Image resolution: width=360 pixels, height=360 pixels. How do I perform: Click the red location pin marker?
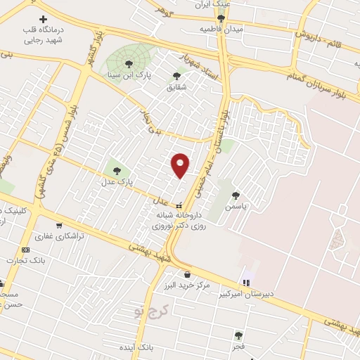coord(181,165)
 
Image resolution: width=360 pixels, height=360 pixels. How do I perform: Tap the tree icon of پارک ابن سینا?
coord(127,63)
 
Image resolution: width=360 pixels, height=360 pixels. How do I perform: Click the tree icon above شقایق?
coord(176,76)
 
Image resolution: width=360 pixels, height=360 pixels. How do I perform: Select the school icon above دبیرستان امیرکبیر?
coord(245,282)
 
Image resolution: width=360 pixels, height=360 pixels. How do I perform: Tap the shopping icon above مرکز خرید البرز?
coord(186,274)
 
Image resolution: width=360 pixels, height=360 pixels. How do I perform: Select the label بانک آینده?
coord(136,348)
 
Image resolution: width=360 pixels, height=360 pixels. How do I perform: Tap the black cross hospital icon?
coord(43,19)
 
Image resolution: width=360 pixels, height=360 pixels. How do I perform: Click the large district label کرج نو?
coord(148,310)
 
